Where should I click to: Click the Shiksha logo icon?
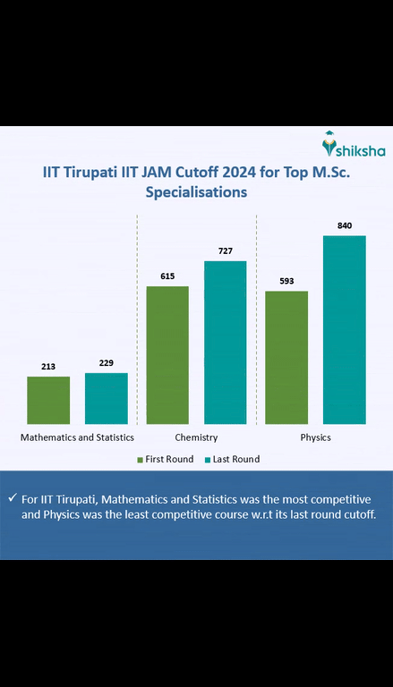pos(330,142)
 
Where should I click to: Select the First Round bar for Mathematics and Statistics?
pos(48,400)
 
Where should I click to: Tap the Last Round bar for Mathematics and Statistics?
pos(107,398)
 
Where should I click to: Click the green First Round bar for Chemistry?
pos(167,355)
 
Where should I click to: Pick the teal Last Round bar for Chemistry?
pos(225,343)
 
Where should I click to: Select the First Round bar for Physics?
pos(286,358)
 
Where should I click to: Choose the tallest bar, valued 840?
pos(345,330)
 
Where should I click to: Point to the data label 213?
pos(48,367)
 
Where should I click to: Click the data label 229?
pos(107,363)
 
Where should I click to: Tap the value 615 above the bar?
pos(167,276)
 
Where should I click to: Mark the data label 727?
pos(225,251)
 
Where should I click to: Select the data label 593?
pos(286,282)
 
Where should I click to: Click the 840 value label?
pos(345,226)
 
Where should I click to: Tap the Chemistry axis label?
pos(196,437)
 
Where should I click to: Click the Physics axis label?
pos(315,437)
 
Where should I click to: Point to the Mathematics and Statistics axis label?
pos(77,437)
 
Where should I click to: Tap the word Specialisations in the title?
pos(196,191)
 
